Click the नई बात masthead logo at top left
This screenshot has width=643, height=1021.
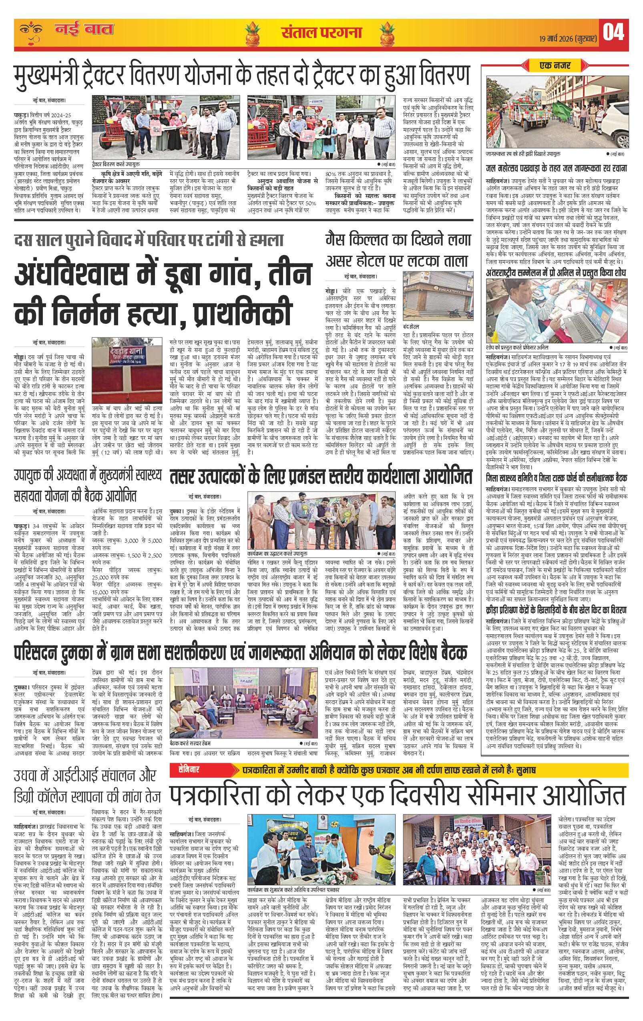coord(84,30)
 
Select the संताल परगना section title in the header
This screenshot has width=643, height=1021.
coord(321,32)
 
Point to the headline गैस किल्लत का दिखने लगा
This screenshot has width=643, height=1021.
coord(398,241)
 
